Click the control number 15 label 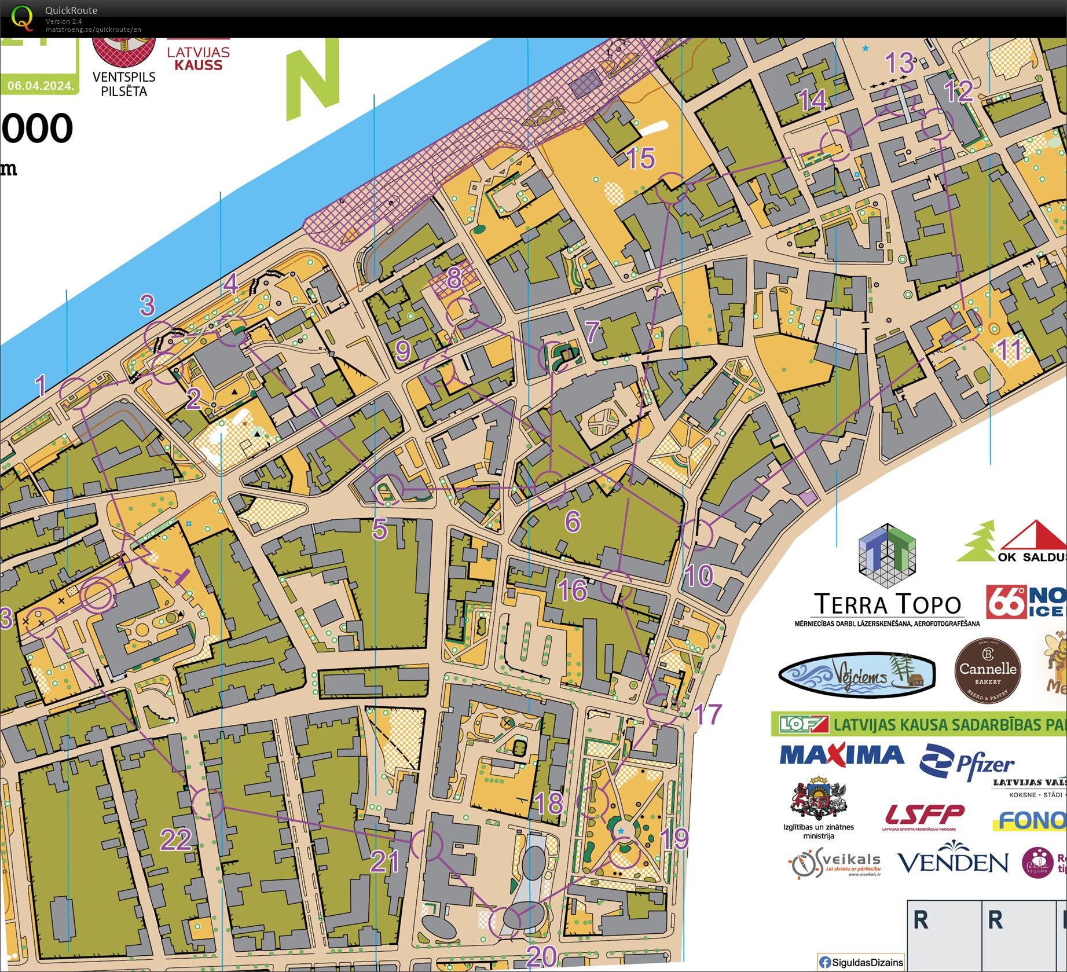point(641,158)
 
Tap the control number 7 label point(592,332)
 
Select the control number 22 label point(176,839)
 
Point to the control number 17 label point(707,715)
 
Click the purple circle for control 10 point(696,534)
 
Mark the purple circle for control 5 point(388,490)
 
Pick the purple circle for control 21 point(427,845)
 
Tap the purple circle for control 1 point(76,393)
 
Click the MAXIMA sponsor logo point(842,755)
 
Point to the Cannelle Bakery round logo point(987,670)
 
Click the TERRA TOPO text point(887,604)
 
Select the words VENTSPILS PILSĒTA point(124,84)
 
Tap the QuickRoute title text point(71,10)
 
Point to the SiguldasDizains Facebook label point(861,962)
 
